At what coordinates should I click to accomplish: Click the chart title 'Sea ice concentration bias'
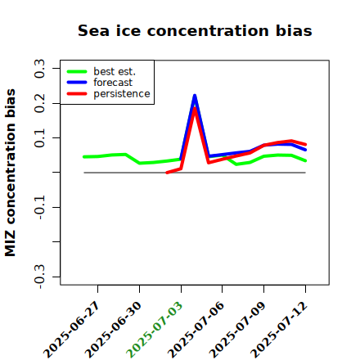[x=195, y=30]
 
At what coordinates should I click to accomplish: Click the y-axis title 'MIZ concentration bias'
[x=11, y=173]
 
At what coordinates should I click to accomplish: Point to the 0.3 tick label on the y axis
[x=39, y=69]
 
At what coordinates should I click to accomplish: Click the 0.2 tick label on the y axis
[x=39, y=103]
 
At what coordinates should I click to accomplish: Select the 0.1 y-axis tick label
[x=39, y=138]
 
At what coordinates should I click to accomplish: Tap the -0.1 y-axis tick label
[x=39, y=207]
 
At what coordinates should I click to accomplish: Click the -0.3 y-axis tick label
[x=39, y=277]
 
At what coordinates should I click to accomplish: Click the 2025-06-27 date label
[x=72, y=330]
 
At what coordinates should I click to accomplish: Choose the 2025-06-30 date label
[x=114, y=330]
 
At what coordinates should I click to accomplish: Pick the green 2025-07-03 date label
[x=155, y=330]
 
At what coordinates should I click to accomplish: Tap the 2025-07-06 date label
[x=196, y=330]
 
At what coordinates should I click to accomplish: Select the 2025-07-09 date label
[x=238, y=330]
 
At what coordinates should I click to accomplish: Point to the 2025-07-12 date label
[x=279, y=330]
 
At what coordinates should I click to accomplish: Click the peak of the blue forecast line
[x=195, y=96]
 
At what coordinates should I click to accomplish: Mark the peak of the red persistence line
[x=195, y=108]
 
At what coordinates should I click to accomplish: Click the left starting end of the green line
[x=84, y=157]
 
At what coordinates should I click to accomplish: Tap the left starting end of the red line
[x=167, y=173]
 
